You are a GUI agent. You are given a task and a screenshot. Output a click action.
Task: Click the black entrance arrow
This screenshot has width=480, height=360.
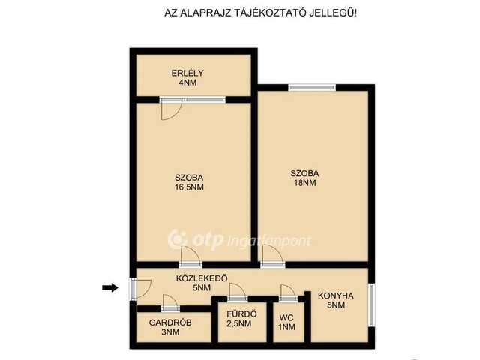pos(110,287)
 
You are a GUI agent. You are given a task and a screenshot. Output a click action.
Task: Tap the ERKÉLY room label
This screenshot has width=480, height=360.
pos(187,73)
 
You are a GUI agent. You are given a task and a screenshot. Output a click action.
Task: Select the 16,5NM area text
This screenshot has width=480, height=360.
pos(189,187)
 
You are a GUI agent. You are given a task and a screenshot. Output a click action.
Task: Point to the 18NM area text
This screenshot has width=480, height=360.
pos(305,183)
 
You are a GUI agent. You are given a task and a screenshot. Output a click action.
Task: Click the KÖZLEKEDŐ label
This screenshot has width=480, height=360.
pos(202,278)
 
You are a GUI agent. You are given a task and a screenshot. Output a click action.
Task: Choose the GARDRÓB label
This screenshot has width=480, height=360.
pos(170,322)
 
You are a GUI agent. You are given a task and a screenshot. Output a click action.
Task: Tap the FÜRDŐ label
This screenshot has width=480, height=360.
pos(241,314)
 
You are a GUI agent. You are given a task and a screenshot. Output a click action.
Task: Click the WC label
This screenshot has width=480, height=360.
pos(286,317)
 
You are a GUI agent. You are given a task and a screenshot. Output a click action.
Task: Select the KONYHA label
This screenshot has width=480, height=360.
pos(336,295)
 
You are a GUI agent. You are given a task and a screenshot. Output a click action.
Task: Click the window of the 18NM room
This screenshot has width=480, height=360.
pos(312,88)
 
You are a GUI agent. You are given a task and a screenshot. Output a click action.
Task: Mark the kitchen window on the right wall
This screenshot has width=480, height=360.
pos(371,304)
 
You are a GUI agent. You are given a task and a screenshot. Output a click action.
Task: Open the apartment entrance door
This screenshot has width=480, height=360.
pos(140,289)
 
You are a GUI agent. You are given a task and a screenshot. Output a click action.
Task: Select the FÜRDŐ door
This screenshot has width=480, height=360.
pos(238,292)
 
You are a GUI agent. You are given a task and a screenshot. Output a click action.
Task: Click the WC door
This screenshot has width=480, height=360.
pos(288,293)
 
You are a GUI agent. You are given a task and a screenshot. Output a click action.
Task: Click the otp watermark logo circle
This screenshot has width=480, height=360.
pos(178,240)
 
